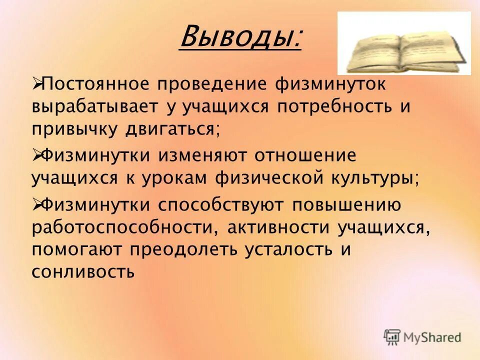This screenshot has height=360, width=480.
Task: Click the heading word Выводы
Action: coord(240,36)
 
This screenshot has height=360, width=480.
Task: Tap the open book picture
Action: coord(404,43)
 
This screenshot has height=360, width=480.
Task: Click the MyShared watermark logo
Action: coord(422,337)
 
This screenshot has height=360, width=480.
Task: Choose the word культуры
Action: coord(380,178)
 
